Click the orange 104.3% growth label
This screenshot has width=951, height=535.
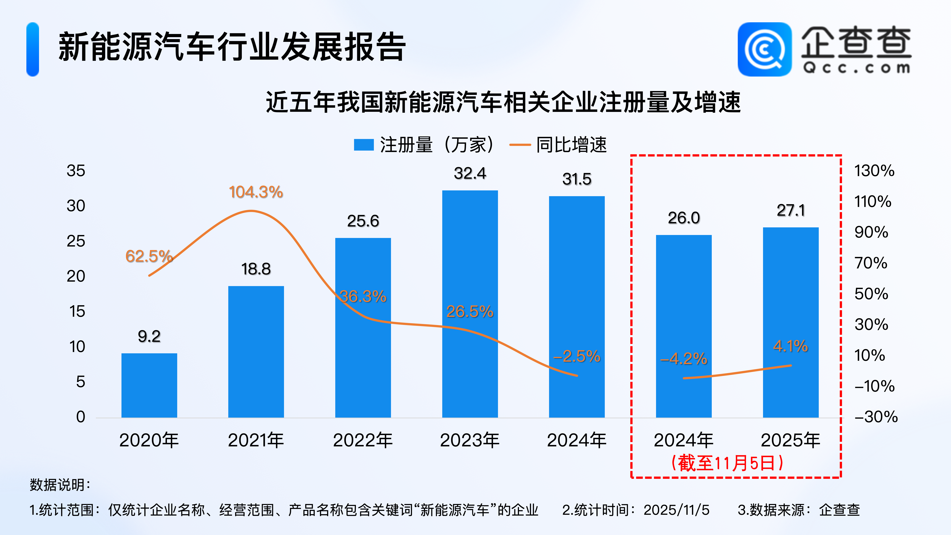click(x=256, y=192)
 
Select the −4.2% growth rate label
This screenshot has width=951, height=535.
click(x=684, y=359)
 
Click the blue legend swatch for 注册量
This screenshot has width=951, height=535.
click(x=364, y=145)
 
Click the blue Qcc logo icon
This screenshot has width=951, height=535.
click(x=765, y=49)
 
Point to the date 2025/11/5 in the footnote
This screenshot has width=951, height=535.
click(x=676, y=510)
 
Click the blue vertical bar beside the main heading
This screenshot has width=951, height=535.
click(x=33, y=49)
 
